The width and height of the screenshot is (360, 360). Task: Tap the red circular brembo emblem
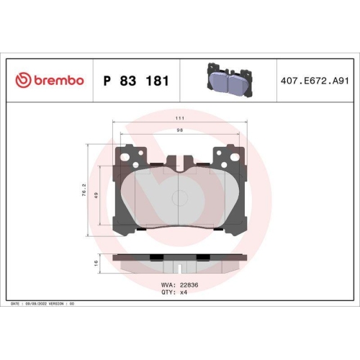pyautogui.click(x=22, y=81)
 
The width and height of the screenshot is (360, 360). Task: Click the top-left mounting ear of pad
pyautogui.click(x=130, y=154)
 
